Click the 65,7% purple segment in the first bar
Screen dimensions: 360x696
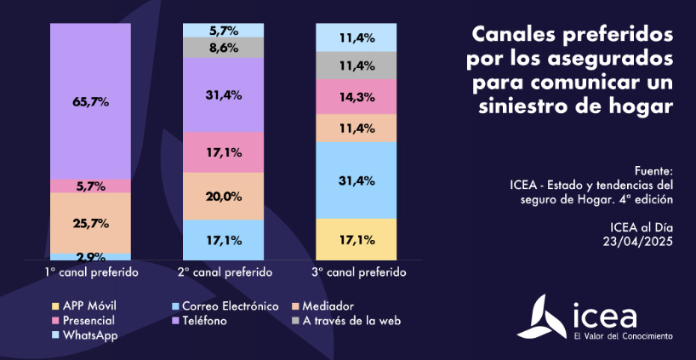pyautogui.click(x=90, y=101)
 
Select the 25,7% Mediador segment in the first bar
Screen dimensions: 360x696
pyautogui.click(x=90, y=223)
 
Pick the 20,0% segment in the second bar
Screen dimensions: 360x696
pyautogui.click(x=224, y=196)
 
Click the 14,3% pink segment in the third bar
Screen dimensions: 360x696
pyautogui.click(x=357, y=97)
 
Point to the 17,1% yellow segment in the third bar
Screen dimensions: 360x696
pyautogui.click(x=357, y=239)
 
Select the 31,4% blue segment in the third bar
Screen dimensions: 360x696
pyautogui.click(x=357, y=180)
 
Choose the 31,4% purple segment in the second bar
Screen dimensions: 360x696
pyautogui.click(x=224, y=94)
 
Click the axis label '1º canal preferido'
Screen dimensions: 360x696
pyautogui.click(x=91, y=273)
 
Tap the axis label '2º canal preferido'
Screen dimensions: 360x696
pyautogui.click(x=225, y=273)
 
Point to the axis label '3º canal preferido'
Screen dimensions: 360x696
pyautogui.click(x=359, y=273)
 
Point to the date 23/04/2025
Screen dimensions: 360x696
pyautogui.click(x=636, y=242)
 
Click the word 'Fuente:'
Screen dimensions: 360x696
pyautogui.click(x=653, y=169)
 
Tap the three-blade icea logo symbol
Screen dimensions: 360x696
pyautogui.click(x=544, y=316)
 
